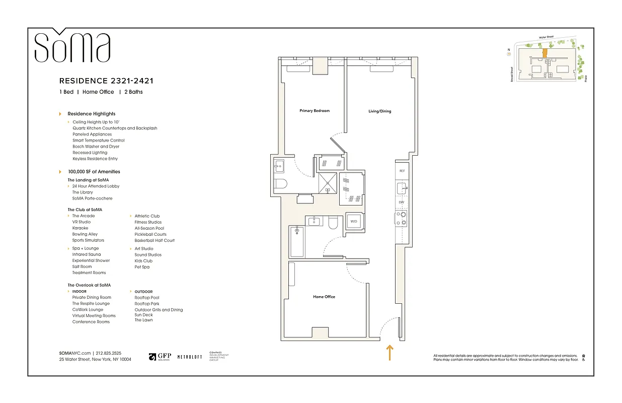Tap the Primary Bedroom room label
tap(315, 111)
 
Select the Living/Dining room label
tap(379, 111)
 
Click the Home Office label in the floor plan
tap(324, 297)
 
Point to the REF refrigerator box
tap(402, 171)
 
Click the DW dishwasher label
tap(402, 203)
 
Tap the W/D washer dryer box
tap(354, 222)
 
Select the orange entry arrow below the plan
tap(389, 353)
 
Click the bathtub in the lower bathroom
tap(297, 242)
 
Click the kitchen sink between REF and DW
tap(402, 188)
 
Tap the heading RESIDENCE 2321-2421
tap(106, 81)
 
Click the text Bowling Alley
tap(85, 234)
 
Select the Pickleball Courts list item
tap(150, 234)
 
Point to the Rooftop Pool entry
tap(147, 298)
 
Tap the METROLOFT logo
tap(190, 357)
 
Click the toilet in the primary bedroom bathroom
tap(280, 183)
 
